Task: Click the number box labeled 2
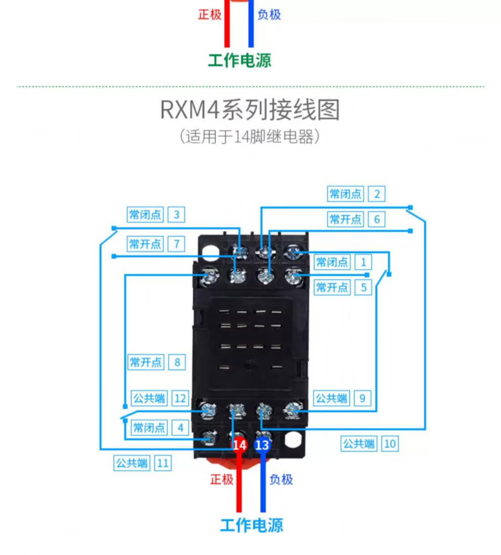tap(377, 193)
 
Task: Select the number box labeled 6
tap(377, 219)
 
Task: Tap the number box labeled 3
tap(176, 215)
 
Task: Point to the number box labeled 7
tap(176, 244)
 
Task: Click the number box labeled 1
tap(363, 262)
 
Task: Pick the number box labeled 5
tap(363, 287)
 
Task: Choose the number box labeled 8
tap(177, 362)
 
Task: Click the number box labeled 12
tap(180, 398)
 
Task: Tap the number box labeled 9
tap(362, 398)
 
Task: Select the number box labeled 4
tap(180, 428)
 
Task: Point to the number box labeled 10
tap(389, 444)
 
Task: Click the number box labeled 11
tap(162, 463)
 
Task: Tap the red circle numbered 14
tap(239, 445)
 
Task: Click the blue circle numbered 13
tap(262, 445)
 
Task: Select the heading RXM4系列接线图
tap(250, 110)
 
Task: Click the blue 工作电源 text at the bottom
tap(252, 525)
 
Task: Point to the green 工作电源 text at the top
tap(239, 60)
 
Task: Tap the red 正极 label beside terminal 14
tap(222, 479)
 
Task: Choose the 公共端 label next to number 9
tap(332, 398)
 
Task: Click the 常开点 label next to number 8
tap(146, 362)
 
